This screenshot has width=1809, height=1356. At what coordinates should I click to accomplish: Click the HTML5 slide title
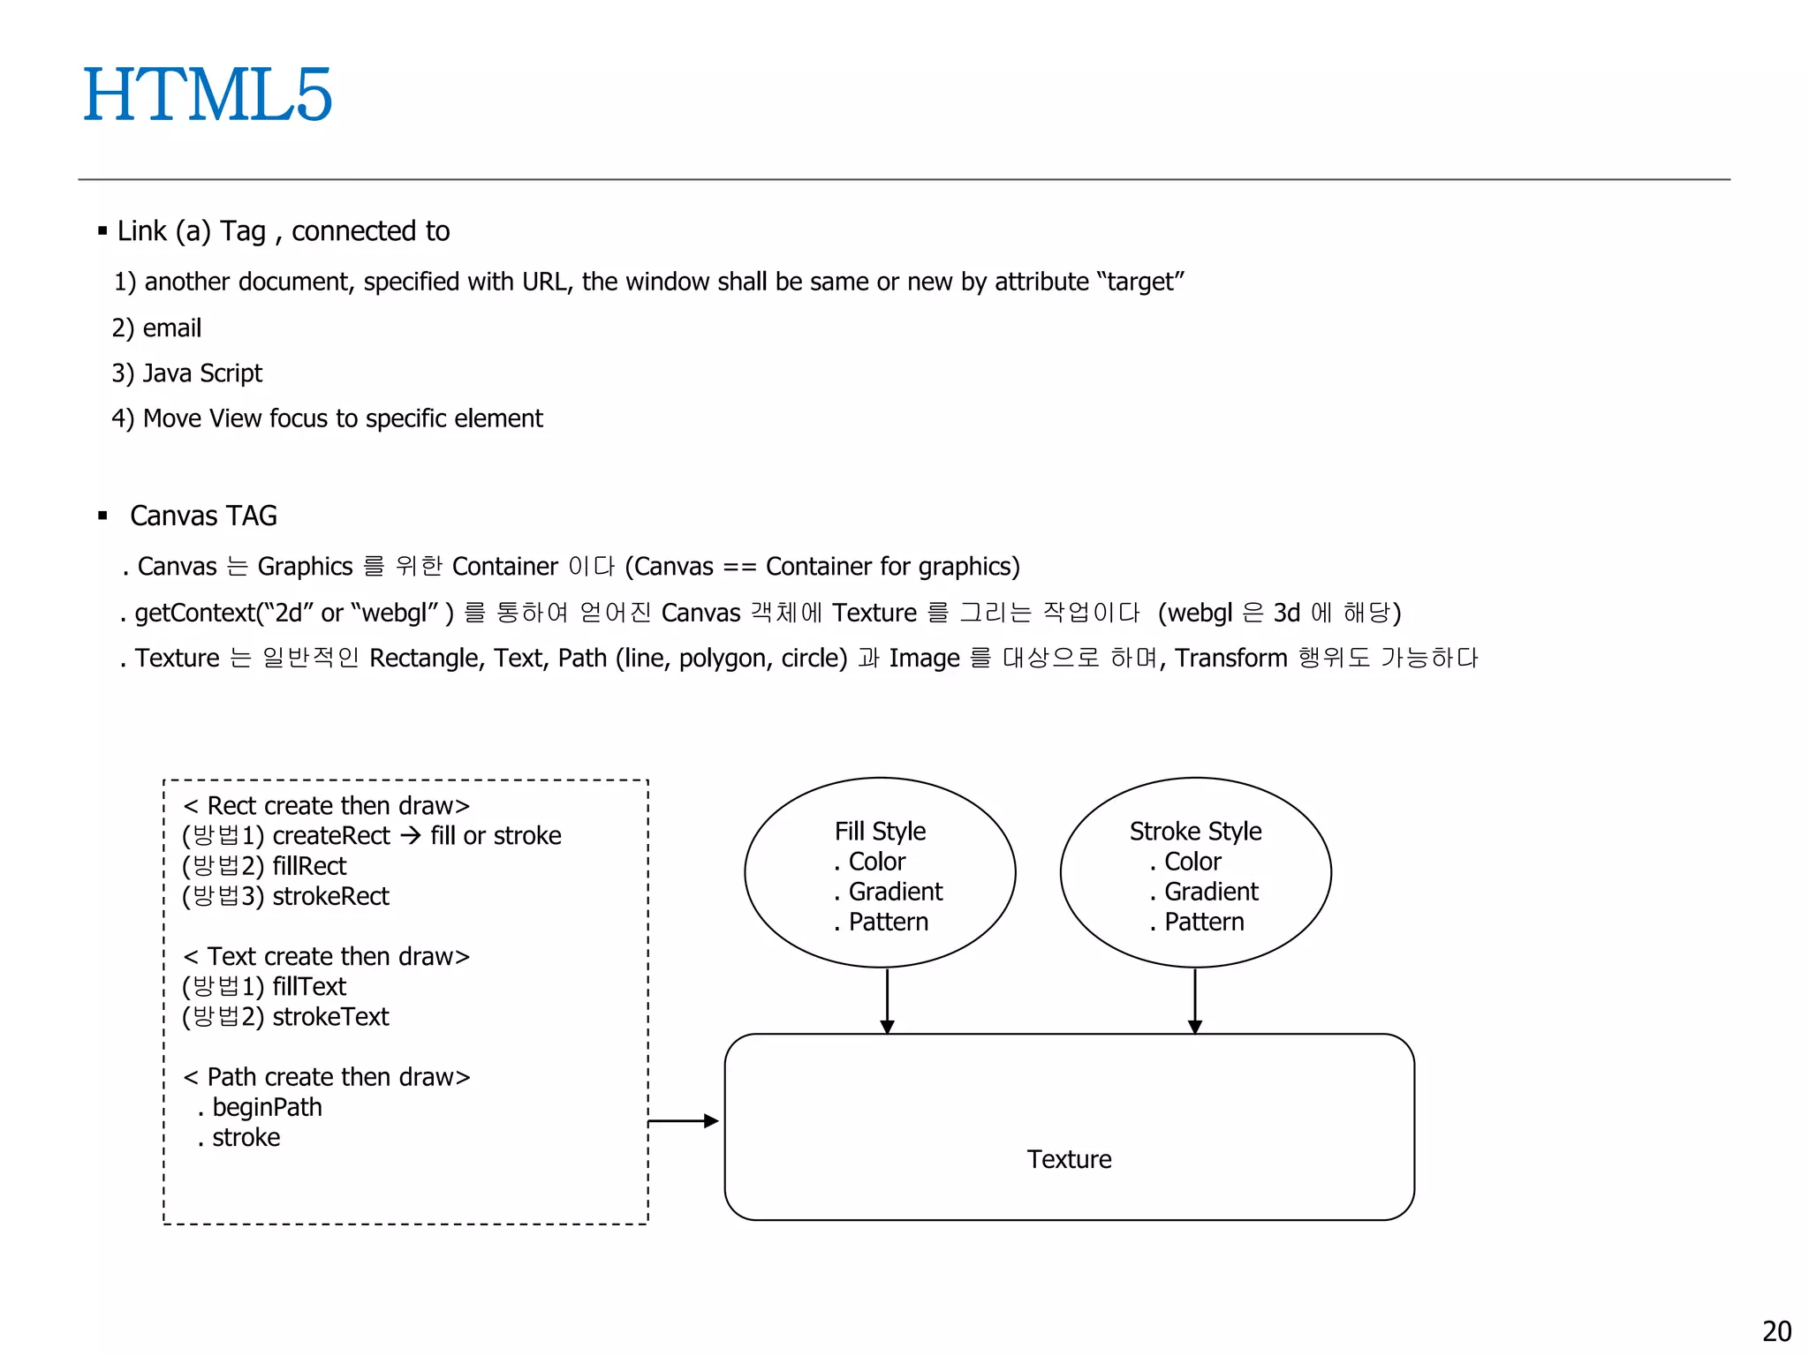pyautogui.click(x=208, y=95)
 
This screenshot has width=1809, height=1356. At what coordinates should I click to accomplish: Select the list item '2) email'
pyautogui.click(x=157, y=328)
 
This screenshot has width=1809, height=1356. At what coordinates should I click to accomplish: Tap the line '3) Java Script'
pyautogui.click(x=187, y=373)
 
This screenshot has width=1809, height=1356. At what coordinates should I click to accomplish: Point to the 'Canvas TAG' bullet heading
pyautogui.click(x=203, y=516)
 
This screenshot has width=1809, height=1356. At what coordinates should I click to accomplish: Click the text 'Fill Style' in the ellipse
pyautogui.click(x=880, y=832)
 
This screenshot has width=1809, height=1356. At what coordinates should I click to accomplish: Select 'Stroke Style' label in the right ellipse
pyautogui.click(x=1195, y=832)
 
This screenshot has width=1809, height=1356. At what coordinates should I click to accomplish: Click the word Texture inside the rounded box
pyautogui.click(x=1069, y=1159)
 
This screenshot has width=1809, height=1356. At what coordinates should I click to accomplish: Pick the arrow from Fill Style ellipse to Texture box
pyautogui.click(x=887, y=1001)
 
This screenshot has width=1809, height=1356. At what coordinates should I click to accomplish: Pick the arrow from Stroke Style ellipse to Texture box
pyautogui.click(x=1195, y=1001)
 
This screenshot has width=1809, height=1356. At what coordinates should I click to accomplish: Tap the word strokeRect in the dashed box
pyautogui.click(x=330, y=897)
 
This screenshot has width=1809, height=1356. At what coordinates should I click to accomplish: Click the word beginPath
pyautogui.click(x=267, y=1108)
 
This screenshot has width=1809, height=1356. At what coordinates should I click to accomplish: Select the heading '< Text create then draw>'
pyautogui.click(x=326, y=957)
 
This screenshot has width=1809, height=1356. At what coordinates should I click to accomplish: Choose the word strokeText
pyautogui.click(x=330, y=1017)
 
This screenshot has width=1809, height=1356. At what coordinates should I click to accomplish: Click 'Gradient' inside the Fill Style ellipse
pyautogui.click(x=895, y=892)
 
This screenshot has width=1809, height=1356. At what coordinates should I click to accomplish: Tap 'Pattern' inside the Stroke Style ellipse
pyautogui.click(x=1203, y=922)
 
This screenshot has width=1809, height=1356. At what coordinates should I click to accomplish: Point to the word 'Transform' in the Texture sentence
pyautogui.click(x=1230, y=659)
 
